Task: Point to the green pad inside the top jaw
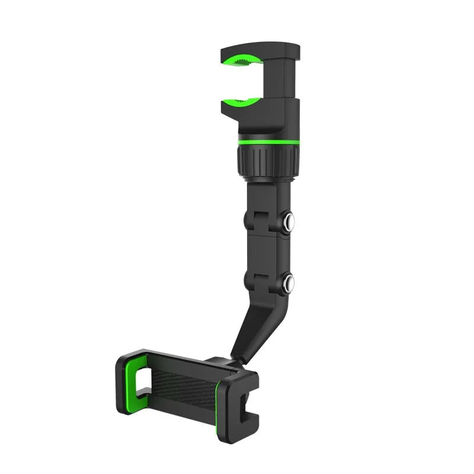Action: pos(242,61)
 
